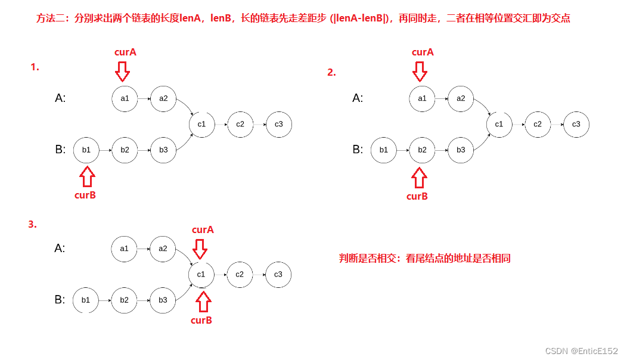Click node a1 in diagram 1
pos(125,98)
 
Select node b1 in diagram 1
pos(86,150)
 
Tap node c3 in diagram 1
pos(279,124)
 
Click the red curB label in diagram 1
pos(85,195)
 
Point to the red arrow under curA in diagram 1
pos(122,71)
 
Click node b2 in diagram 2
pos(422,150)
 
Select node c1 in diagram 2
pos(499,124)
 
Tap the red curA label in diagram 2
pos(423,52)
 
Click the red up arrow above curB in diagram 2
pos(420,177)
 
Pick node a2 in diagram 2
pos(461,98)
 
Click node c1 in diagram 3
pos(201,274)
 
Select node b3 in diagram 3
pos(163,300)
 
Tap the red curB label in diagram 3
pos(201,320)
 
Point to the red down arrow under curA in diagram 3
pos(200,248)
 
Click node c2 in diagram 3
pos(240,274)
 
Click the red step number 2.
pos(331,73)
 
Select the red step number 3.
pos(32,225)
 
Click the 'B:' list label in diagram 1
pos(60,150)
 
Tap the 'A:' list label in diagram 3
pos(60,248)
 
